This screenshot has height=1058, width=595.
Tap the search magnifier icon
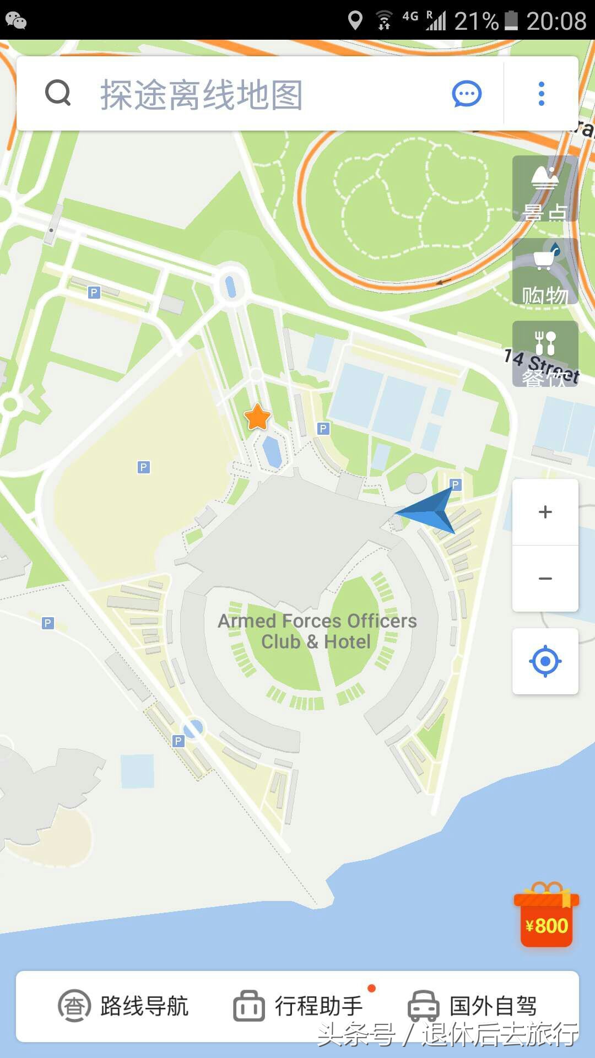[x=58, y=93]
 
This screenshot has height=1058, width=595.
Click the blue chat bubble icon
[x=467, y=94]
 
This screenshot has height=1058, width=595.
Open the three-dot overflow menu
[x=542, y=94]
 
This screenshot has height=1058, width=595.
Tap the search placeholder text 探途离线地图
[x=202, y=95]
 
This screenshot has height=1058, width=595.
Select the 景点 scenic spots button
[x=545, y=189]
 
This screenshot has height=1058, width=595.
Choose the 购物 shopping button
[x=545, y=272]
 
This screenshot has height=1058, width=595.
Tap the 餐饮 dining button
[x=545, y=354]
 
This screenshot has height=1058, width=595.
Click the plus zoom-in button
[x=545, y=512]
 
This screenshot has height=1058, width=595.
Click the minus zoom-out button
[x=545, y=578]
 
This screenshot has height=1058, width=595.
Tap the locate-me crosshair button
[x=545, y=661]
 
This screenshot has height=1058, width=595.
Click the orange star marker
[x=257, y=417]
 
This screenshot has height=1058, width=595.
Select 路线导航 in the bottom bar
[x=124, y=1006]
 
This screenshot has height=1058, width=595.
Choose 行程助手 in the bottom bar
[x=298, y=1006]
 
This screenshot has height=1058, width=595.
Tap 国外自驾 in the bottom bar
[x=472, y=1006]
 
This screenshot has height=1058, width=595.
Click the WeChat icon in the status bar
[x=16, y=20]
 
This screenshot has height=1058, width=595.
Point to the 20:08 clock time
[x=556, y=21]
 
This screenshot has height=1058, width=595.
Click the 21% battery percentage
[x=476, y=21]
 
